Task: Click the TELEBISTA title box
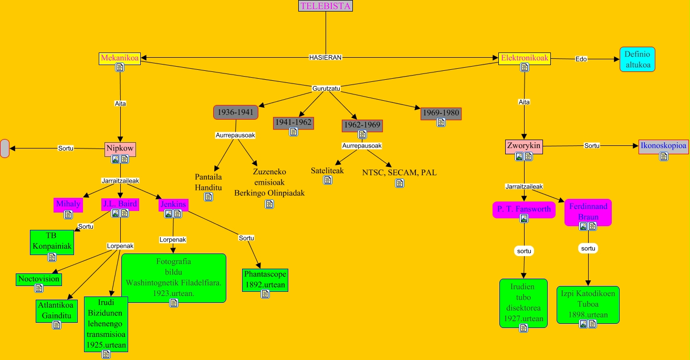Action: [326, 6]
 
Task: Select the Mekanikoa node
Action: [120, 58]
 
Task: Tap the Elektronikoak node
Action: [525, 58]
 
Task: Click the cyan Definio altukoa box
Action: [637, 59]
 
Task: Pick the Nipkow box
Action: [120, 149]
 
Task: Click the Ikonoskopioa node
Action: [663, 146]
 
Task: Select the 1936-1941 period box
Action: [236, 112]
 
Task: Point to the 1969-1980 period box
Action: [441, 112]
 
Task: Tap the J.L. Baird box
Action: [120, 204]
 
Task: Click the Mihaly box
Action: [68, 204]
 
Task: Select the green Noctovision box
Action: [39, 279]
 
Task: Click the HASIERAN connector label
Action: [325, 58]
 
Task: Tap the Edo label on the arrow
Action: [581, 59]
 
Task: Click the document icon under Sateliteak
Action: [328, 180]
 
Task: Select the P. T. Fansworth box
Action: [524, 209]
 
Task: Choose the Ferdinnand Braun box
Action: [588, 211]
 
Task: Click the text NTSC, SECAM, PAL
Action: [399, 172]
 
